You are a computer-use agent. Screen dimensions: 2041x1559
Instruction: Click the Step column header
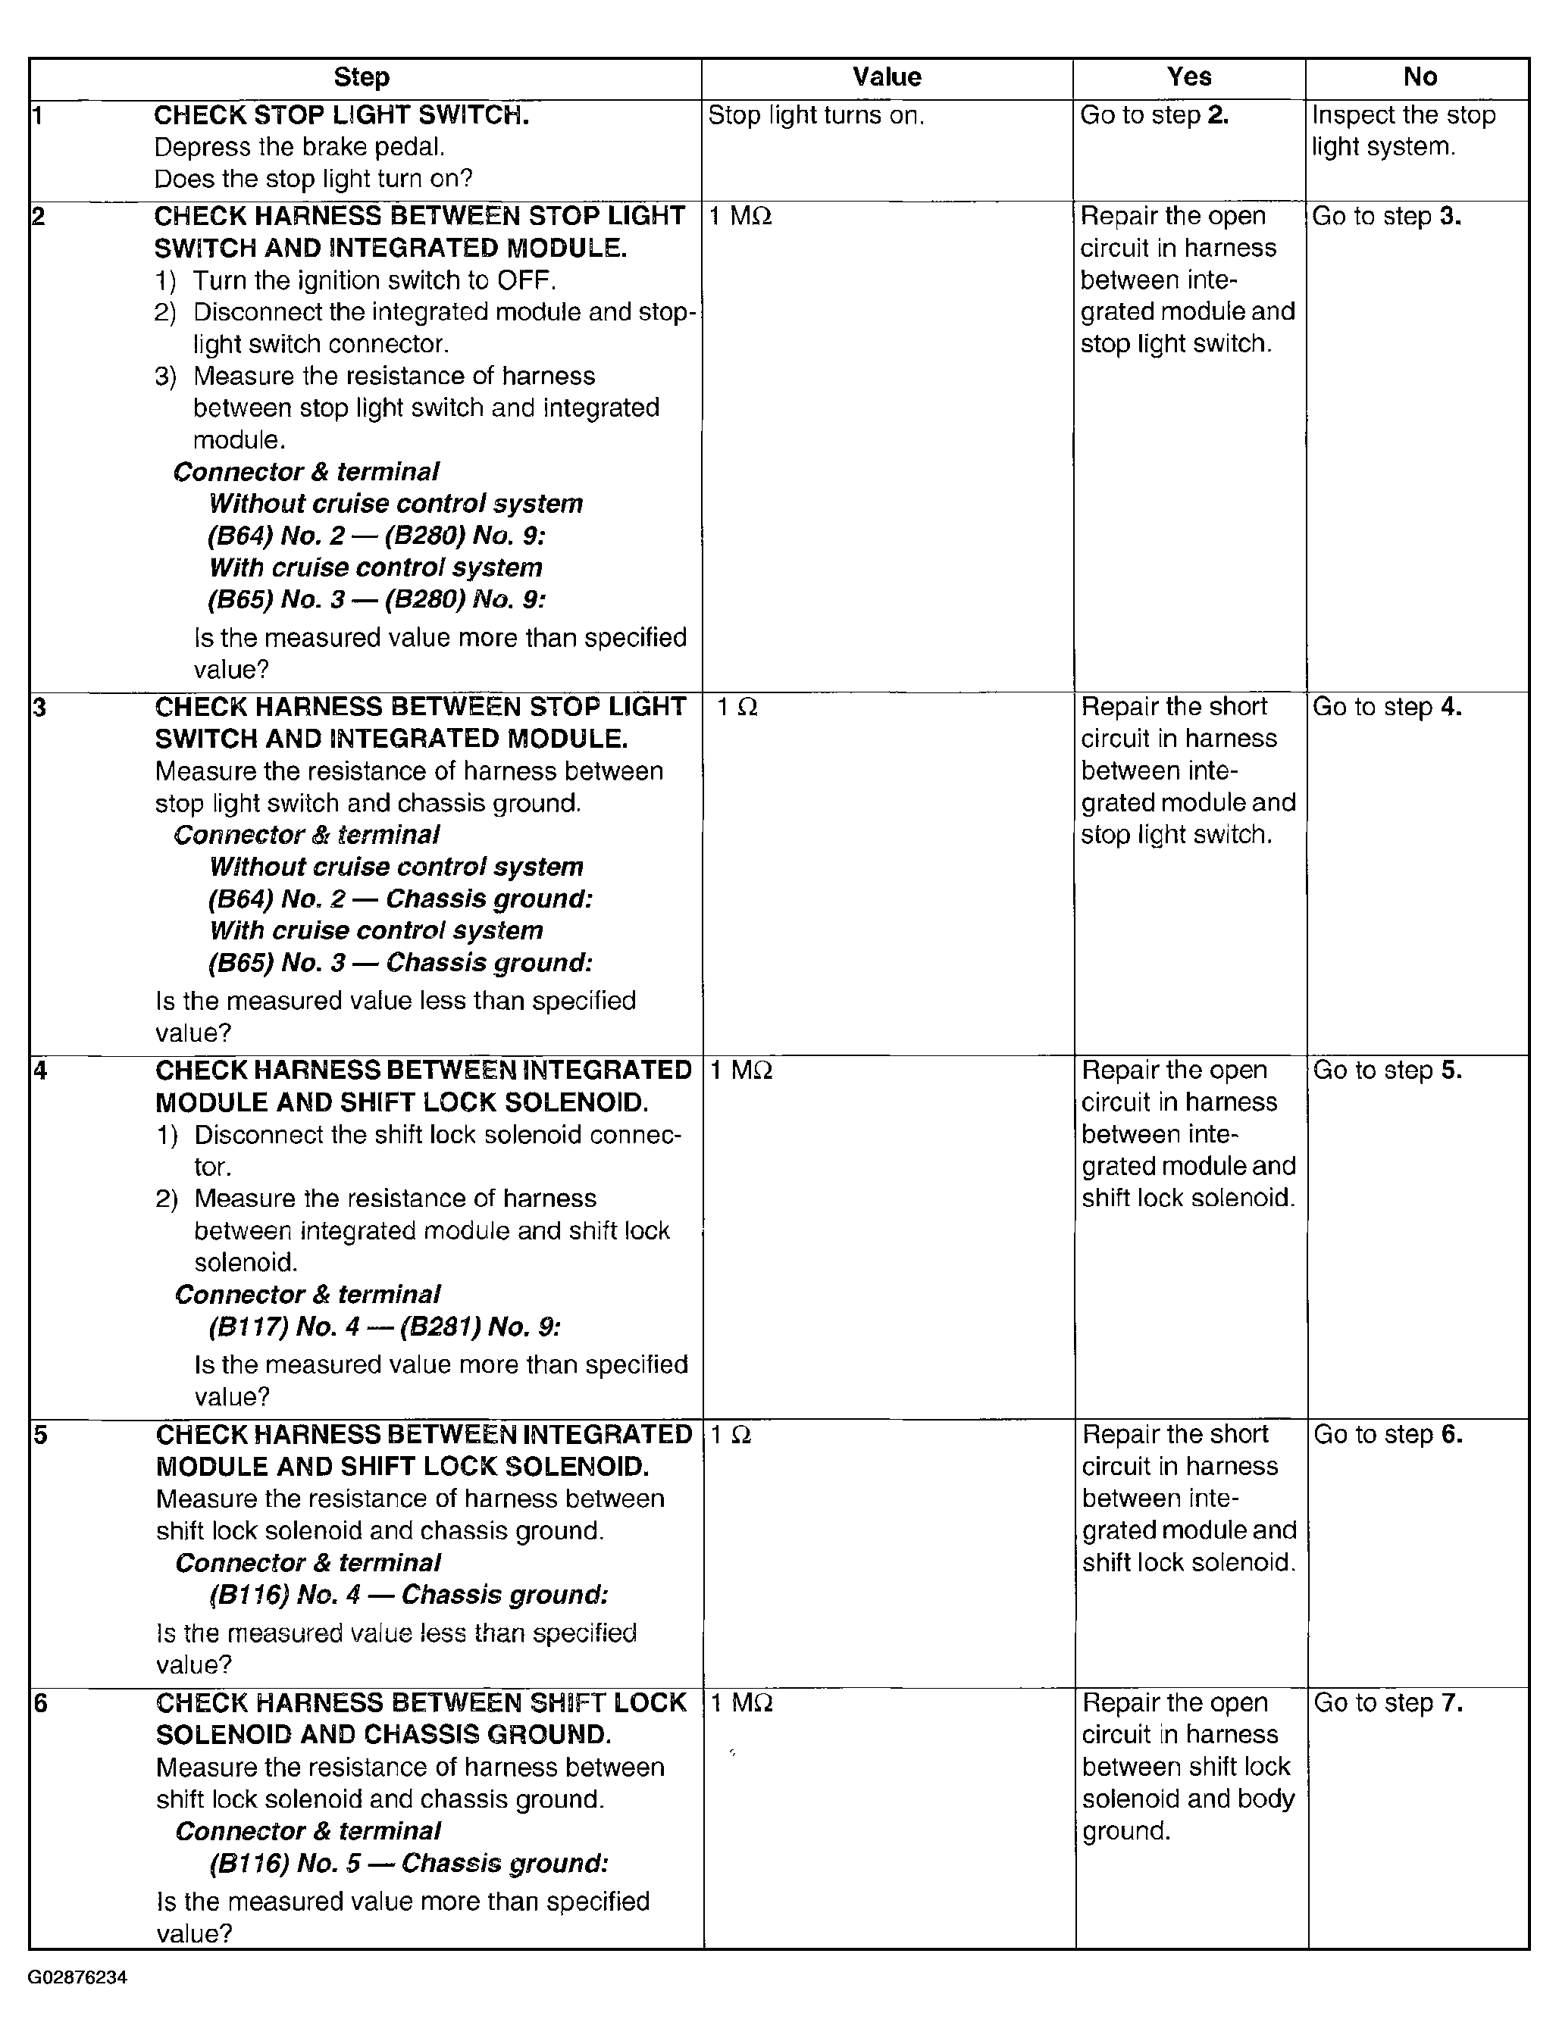tap(361, 77)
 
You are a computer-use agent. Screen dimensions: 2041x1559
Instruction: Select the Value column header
tap(886, 77)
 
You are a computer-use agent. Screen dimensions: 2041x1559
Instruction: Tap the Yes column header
tap(1188, 77)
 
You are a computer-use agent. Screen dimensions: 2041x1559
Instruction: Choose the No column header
tap(1420, 77)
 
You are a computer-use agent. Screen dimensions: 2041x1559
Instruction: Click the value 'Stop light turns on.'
tap(816, 116)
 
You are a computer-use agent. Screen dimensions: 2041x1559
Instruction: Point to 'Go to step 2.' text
tap(1154, 116)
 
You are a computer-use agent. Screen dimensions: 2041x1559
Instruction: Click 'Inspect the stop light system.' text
tap(1402, 131)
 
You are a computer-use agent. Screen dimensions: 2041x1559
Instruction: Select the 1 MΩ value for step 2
tap(740, 217)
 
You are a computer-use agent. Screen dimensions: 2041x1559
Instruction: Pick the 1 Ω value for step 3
tap(737, 708)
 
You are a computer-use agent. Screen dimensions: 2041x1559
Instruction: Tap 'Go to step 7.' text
tap(1387, 1703)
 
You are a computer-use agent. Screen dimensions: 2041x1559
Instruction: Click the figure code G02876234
tap(77, 1977)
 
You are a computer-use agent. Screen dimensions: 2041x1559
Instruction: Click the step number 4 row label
tap(40, 1071)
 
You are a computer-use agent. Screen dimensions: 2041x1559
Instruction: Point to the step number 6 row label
tap(40, 1703)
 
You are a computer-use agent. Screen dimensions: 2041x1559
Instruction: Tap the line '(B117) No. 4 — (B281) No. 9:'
tap(384, 1327)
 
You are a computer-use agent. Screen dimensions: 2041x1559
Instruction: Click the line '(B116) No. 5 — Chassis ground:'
tap(409, 1863)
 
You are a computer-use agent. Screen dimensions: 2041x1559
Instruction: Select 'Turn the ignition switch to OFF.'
tap(374, 280)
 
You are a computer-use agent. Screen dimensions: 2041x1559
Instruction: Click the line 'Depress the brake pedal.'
tap(299, 148)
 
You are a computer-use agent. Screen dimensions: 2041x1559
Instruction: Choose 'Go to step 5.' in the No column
tap(1387, 1071)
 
